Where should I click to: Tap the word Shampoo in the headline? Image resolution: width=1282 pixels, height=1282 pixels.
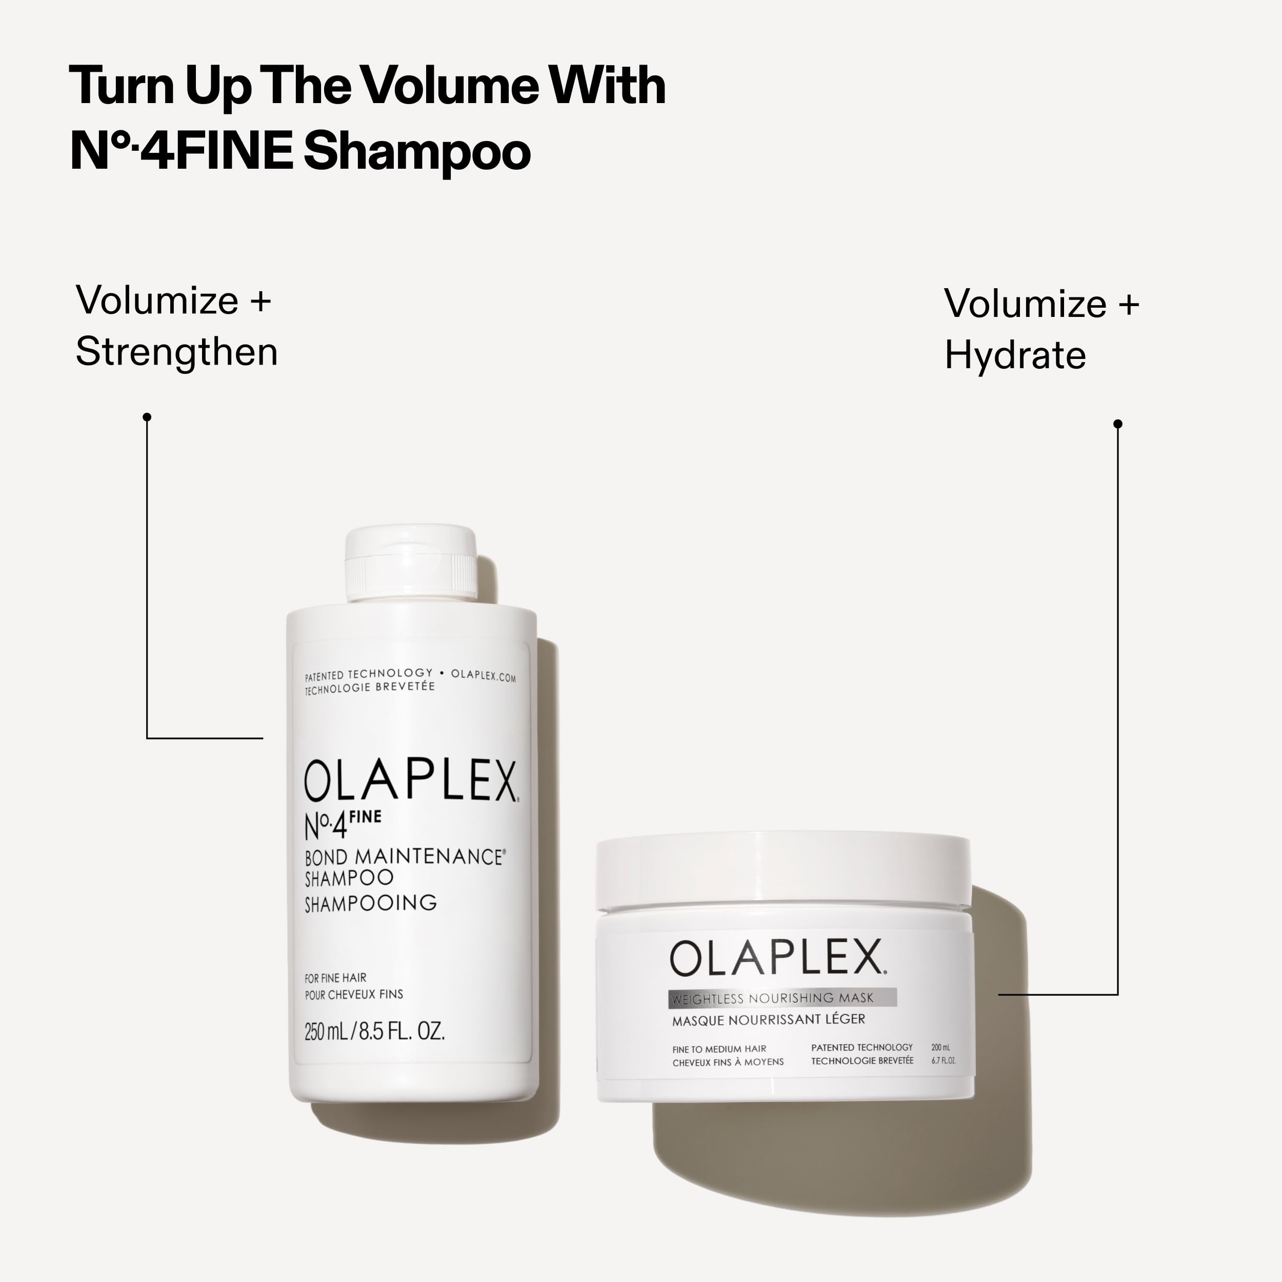coord(417,152)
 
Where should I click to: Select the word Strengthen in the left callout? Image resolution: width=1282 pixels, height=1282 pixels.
coord(176,352)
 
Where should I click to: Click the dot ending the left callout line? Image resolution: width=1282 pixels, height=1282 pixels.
coord(147,417)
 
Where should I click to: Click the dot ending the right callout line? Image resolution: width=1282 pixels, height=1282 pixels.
coord(1117,424)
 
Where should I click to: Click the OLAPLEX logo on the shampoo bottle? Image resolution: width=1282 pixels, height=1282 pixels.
coord(411,782)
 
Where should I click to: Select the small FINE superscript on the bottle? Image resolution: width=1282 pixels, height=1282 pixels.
coord(365,817)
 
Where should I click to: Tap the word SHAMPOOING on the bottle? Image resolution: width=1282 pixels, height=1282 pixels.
coord(370,903)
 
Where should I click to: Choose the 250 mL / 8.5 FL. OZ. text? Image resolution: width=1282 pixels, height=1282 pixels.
coord(374,1031)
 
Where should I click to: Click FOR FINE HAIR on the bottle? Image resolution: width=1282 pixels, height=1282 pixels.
coord(335,978)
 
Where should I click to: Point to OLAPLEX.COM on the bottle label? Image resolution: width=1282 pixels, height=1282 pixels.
coord(483,676)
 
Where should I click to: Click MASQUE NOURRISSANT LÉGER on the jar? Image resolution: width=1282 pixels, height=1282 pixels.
coord(768,1020)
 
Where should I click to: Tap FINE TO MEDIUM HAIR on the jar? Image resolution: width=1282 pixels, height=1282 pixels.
coord(719,1049)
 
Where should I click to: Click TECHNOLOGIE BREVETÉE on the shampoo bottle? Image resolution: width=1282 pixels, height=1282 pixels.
coord(370,688)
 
